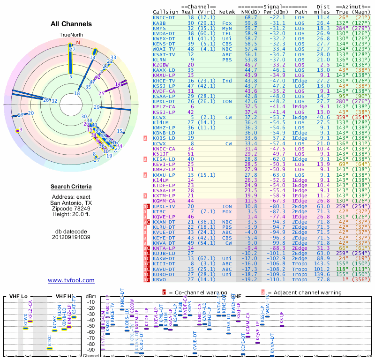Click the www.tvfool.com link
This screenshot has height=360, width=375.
(71, 280)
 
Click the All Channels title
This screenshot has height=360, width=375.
(71, 24)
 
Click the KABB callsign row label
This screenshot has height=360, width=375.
(159, 22)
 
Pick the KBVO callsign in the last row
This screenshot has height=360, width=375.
(159, 279)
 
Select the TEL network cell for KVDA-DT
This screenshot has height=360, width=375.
(227, 33)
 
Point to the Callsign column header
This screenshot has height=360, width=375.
(165, 12)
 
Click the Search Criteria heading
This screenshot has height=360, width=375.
(71, 187)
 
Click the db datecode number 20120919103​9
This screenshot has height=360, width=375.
(71, 237)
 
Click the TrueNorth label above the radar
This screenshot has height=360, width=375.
(71, 35)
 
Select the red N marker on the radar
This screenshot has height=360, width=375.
(78, 43)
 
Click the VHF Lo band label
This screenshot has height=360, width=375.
(17, 297)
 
